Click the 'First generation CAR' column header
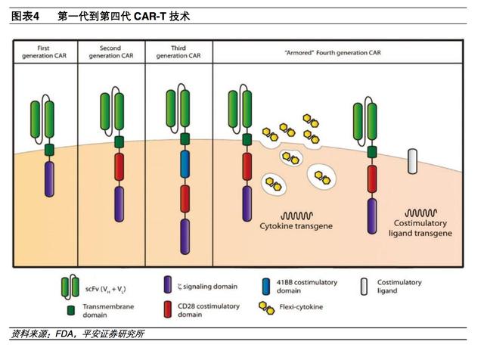point(45,51)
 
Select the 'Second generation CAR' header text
point(110,51)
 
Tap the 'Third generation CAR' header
point(178,51)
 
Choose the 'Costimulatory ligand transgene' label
point(424,228)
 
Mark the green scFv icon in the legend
point(70,287)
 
